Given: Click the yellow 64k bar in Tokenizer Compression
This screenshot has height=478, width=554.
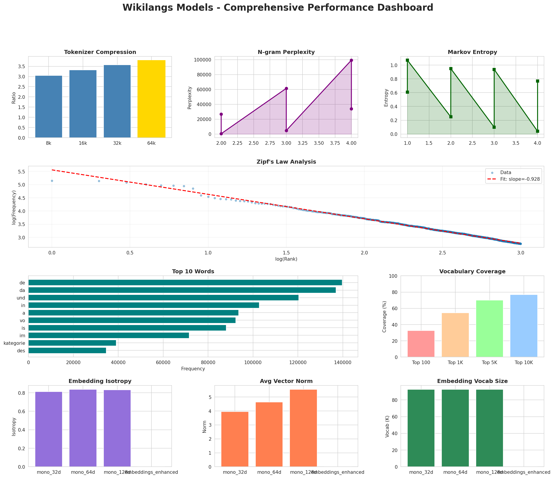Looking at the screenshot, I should point(151,99).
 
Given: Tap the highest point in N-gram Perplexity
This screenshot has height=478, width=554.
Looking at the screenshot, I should point(351,60).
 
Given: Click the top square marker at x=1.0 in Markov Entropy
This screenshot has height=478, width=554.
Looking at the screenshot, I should point(407,60).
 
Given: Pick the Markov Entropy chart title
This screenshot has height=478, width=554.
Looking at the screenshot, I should point(472,52).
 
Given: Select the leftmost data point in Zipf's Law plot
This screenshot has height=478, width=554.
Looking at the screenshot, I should point(52,181).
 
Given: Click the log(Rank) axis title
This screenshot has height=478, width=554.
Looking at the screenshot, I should point(286,259).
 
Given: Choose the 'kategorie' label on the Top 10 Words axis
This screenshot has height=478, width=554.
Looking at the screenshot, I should point(14,343).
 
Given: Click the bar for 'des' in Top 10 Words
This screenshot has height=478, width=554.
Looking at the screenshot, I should point(67,351).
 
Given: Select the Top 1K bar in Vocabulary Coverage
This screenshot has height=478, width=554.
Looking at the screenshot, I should point(455,335).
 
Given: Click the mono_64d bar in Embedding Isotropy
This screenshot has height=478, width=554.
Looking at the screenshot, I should point(83,428).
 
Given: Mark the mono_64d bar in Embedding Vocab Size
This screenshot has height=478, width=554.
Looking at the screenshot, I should point(455,428).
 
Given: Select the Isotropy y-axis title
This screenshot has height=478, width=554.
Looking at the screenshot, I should point(14,427).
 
